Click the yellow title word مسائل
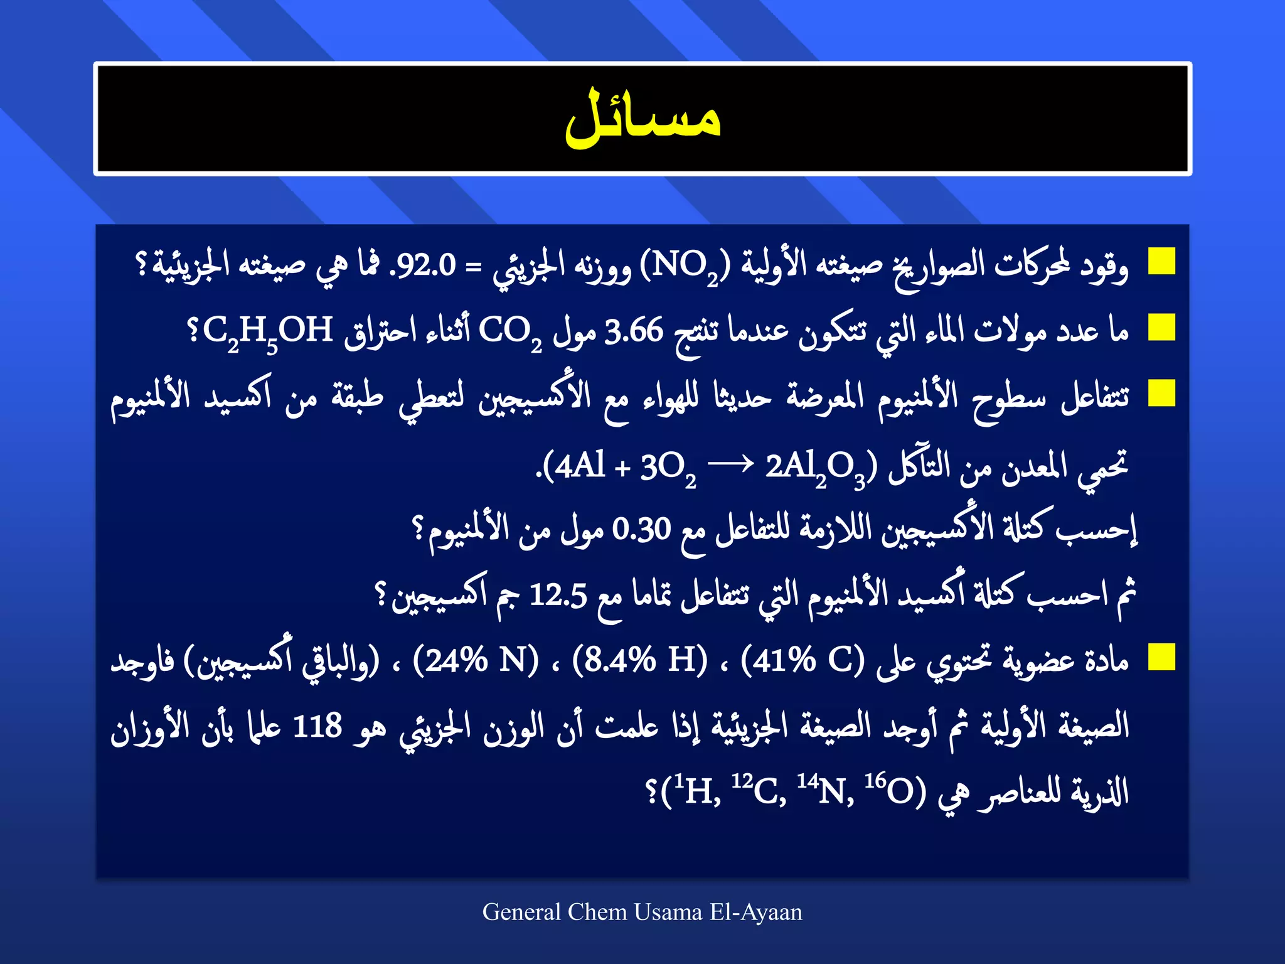tap(642, 119)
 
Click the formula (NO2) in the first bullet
tap(685, 267)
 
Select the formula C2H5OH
tap(267, 331)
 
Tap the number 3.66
tap(634, 331)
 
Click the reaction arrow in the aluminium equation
tap(730, 465)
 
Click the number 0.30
tap(641, 529)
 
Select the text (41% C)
tap(802, 660)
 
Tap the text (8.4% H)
tap(639, 660)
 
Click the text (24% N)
tap(476, 660)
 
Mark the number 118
tap(317, 726)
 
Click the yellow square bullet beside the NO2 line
tap(1161, 261)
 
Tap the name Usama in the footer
tap(668, 912)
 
